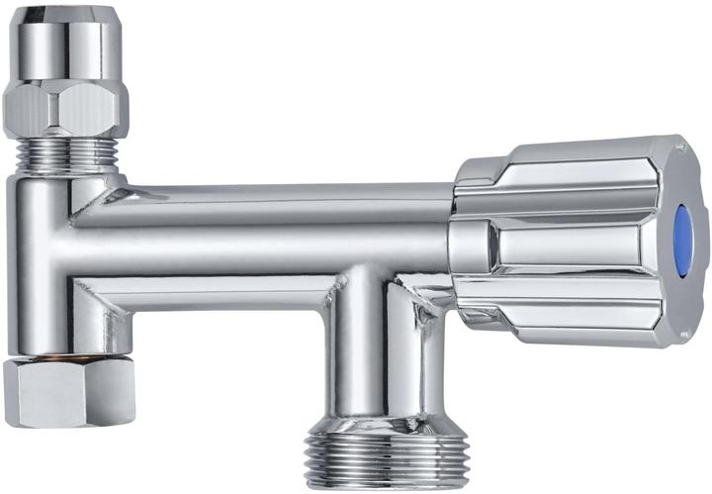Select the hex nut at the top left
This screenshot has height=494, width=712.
coord(65,107)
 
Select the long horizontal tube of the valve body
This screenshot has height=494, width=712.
coord(267,238)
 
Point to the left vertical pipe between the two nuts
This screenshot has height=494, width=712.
coord(44,257)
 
